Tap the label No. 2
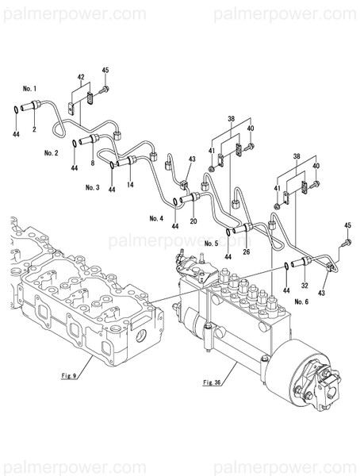(x=52, y=152)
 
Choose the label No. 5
(x=211, y=242)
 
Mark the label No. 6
(x=301, y=302)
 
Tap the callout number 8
(x=92, y=163)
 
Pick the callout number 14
(x=130, y=184)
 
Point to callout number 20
(x=193, y=220)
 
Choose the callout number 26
(x=246, y=252)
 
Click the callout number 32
(x=305, y=285)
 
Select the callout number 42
(x=80, y=77)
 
